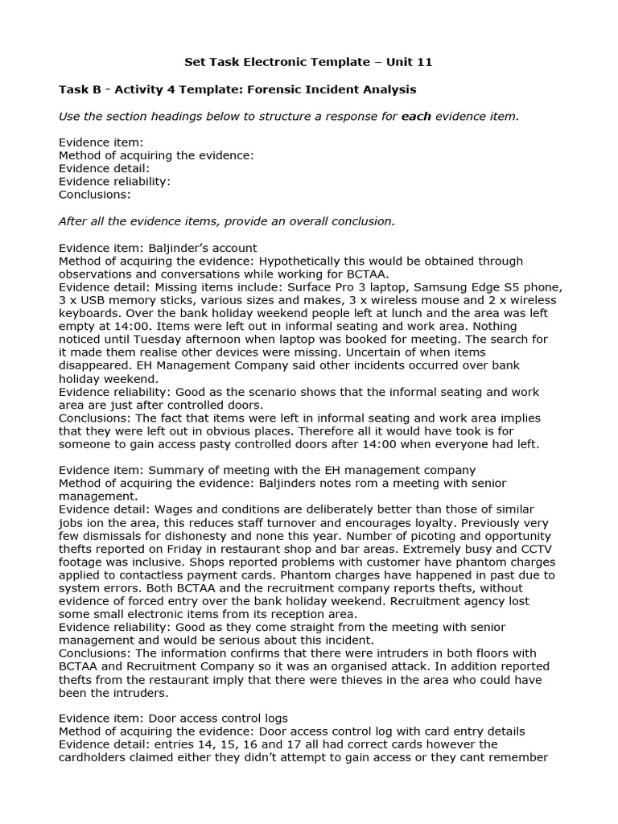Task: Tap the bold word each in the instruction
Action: (x=416, y=116)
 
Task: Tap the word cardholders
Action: (x=93, y=757)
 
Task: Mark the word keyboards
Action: (x=88, y=313)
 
